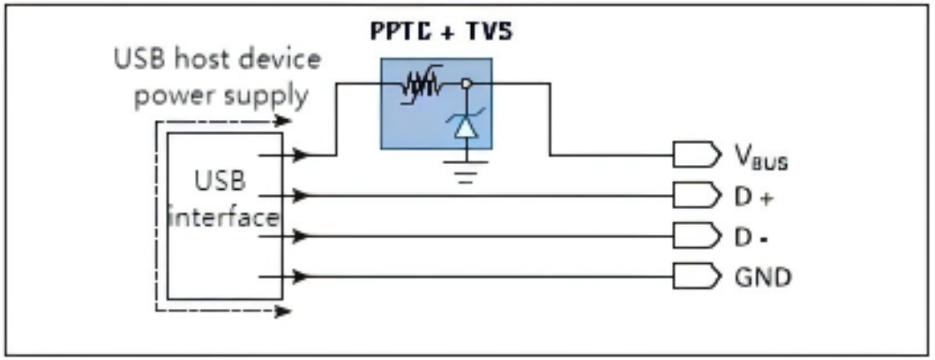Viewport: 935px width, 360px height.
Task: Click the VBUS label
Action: click(x=760, y=159)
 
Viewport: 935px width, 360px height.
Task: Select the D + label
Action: click(x=753, y=197)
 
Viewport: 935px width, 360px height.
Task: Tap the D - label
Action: click(x=753, y=236)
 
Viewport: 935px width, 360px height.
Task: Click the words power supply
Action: click(x=221, y=94)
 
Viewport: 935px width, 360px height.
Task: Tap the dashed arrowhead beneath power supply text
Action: click(x=280, y=123)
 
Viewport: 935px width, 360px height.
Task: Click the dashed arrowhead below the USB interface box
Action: click(x=280, y=310)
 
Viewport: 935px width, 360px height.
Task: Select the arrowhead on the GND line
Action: click(x=301, y=276)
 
